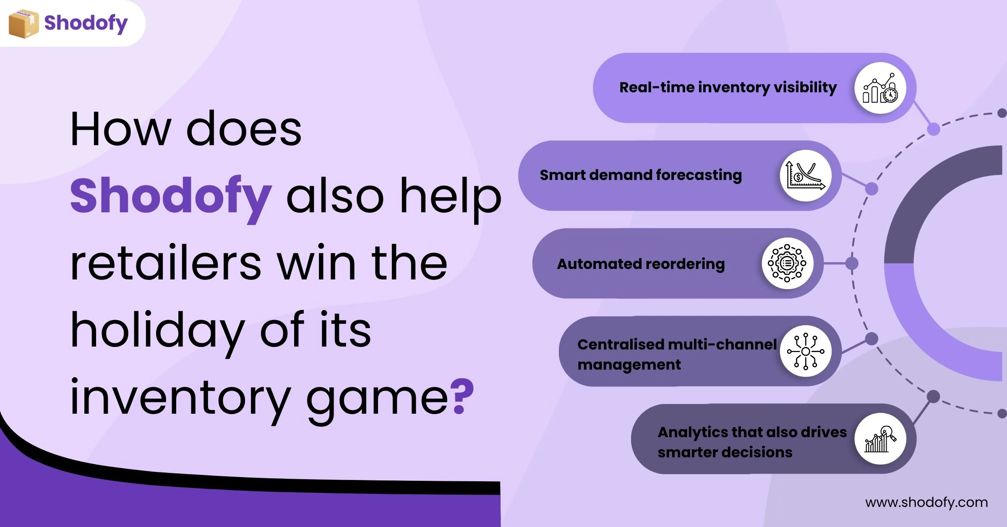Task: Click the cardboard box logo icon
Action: [23, 23]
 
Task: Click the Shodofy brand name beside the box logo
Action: [86, 23]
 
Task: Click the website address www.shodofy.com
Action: [926, 502]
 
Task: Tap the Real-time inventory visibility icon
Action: [880, 88]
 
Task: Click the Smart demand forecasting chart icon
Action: [806, 175]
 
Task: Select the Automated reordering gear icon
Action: [787, 263]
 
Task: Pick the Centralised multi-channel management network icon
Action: [806, 351]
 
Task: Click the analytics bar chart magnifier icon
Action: [880, 438]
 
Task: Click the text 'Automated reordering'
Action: [641, 264]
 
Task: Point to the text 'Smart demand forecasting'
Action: [641, 175]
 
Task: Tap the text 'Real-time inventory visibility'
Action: [728, 87]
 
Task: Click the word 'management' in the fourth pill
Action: [629, 365]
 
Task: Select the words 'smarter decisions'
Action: [725, 452]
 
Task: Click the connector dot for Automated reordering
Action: [852, 263]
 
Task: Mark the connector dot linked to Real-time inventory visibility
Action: [934, 129]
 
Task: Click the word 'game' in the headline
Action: [378, 399]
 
